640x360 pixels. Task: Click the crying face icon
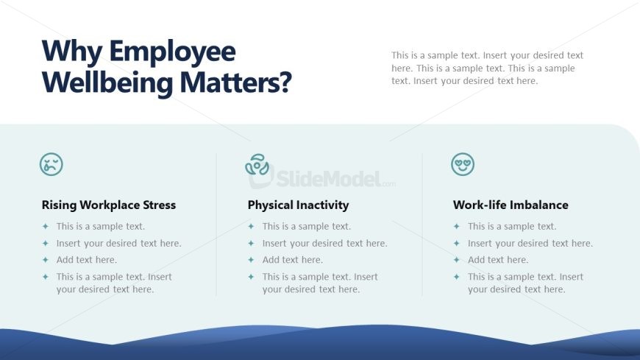51,164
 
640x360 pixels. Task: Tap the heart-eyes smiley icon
463,164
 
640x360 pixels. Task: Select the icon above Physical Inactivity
257,164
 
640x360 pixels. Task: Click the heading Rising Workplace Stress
109,205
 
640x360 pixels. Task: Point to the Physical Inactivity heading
298,205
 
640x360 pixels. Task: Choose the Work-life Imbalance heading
511,205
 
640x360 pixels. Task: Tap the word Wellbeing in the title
107,83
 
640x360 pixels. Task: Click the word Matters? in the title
236,82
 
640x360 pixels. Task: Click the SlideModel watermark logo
321,177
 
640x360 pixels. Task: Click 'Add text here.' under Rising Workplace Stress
87,259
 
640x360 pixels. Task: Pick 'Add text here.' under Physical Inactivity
292,259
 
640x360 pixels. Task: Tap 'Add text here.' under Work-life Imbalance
498,259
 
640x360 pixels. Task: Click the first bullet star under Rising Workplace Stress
46,226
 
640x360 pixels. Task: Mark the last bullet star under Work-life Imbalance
456,277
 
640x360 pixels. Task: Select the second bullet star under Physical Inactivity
251,243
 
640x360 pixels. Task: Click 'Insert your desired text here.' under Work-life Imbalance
530,243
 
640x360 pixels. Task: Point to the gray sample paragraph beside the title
487,68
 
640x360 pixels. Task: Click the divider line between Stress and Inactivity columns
216,225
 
